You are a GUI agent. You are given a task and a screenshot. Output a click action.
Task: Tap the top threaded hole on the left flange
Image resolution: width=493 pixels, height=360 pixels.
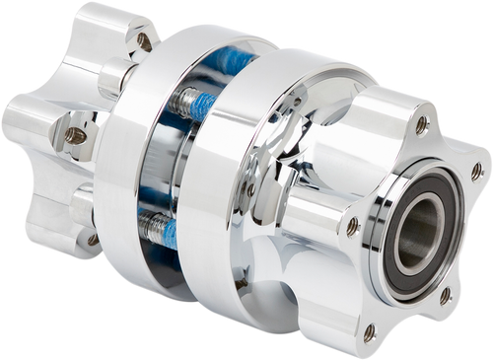pos(145,40)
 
